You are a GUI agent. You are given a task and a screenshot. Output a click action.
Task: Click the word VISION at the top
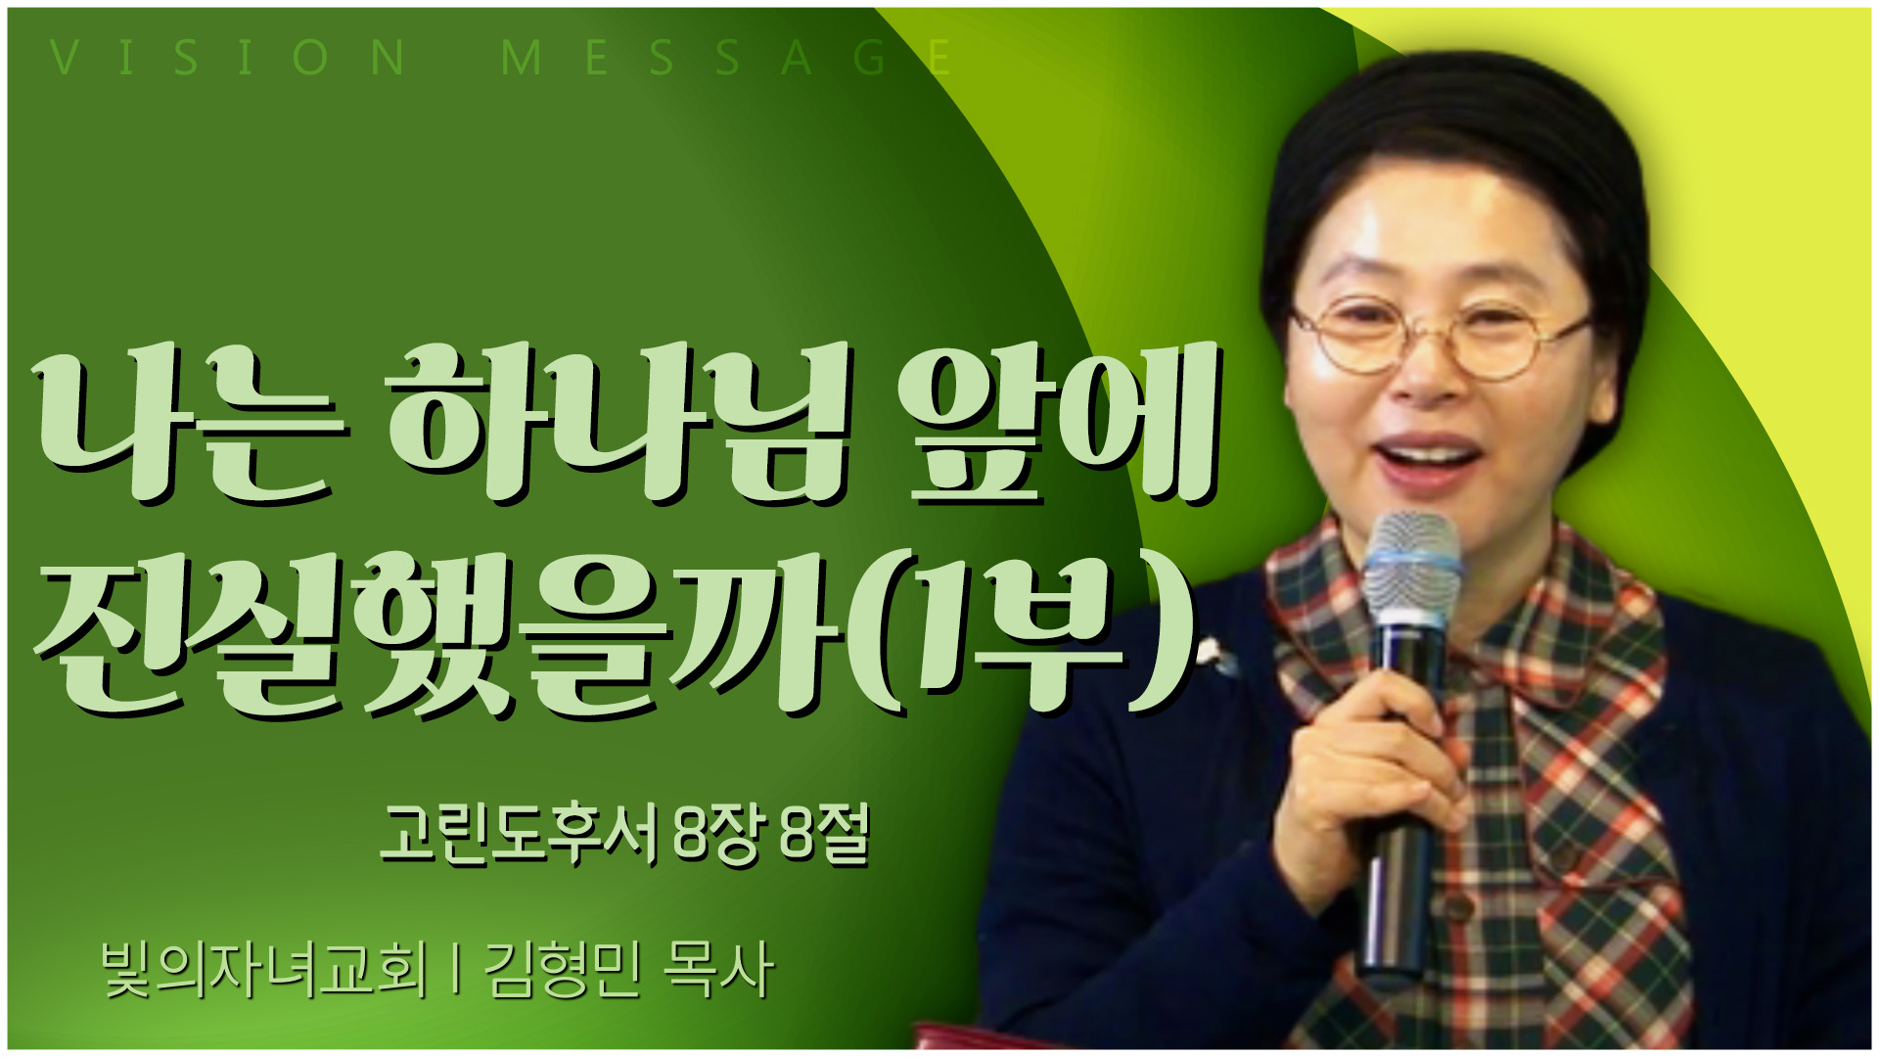pyautogui.click(x=228, y=58)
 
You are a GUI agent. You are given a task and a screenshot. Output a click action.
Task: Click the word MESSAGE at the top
pyautogui.click(x=726, y=58)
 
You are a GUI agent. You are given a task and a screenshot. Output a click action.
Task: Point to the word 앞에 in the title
pyautogui.click(x=1056, y=423)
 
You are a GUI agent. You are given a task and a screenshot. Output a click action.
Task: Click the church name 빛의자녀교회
pyautogui.click(x=265, y=970)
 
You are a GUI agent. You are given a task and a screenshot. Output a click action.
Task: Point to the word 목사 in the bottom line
pyautogui.click(x=719, y=970)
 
